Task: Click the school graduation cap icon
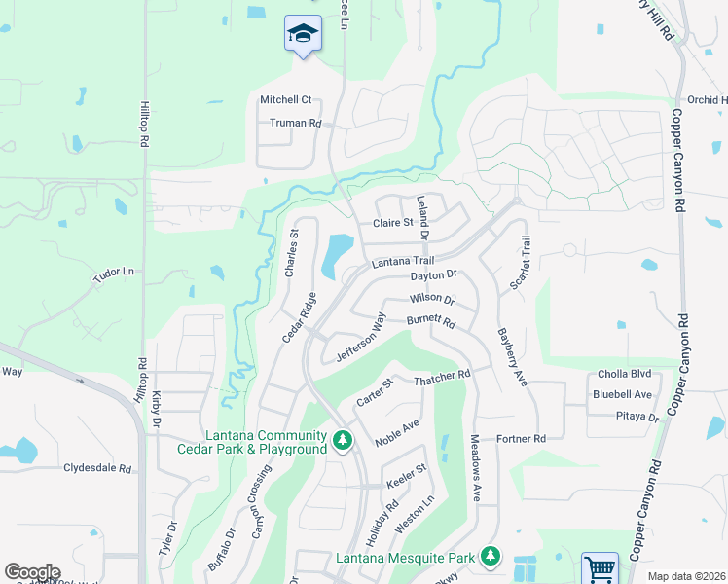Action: click(x=304, y=34)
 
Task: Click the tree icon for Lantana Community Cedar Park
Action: click(x=342, y=441)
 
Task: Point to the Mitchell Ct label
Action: click(x=285, y=99)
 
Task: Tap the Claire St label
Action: click(x=394, y=223)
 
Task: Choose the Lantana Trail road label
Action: click(x=402, y=262)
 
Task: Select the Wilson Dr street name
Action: click(x=431, y=299)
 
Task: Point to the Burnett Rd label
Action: click(x=431, y=320)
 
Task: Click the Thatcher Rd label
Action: click(x=442, y=374)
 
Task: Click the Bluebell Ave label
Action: click(x=622, y=394)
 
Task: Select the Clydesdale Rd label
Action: click(x=97, y=468)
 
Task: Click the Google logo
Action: click(x=32, y=571)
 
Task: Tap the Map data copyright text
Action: click(x=686, y=576)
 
